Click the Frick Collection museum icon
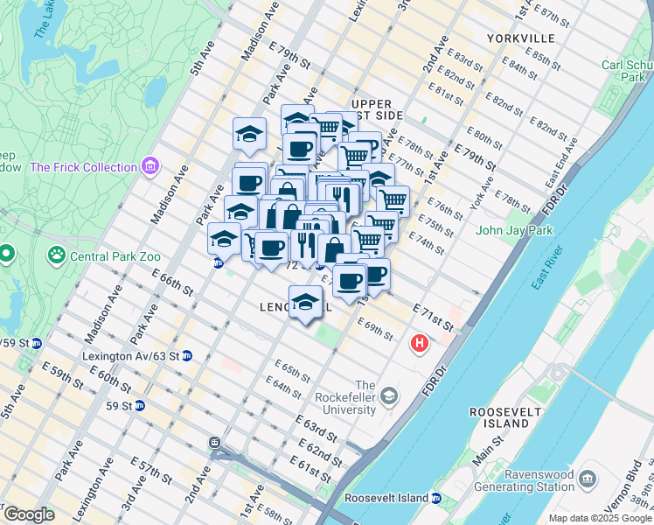150,166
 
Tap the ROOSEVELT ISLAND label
499,417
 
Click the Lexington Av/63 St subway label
129,356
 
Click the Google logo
29,514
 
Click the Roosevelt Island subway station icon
435,499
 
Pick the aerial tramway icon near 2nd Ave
214,444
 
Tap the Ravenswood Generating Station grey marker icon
586,479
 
